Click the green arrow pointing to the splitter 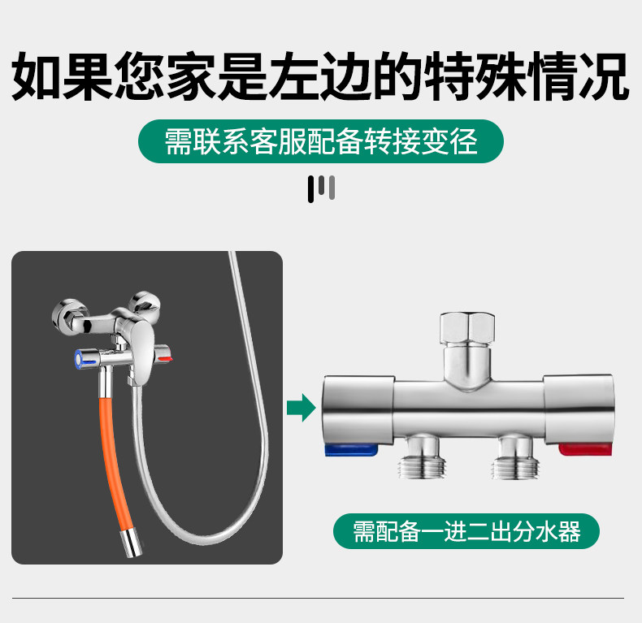tap(301, 406)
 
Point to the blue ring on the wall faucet tap(80, 357)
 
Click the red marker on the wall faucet tap(166, 357)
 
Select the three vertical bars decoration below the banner tap(321, 188)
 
